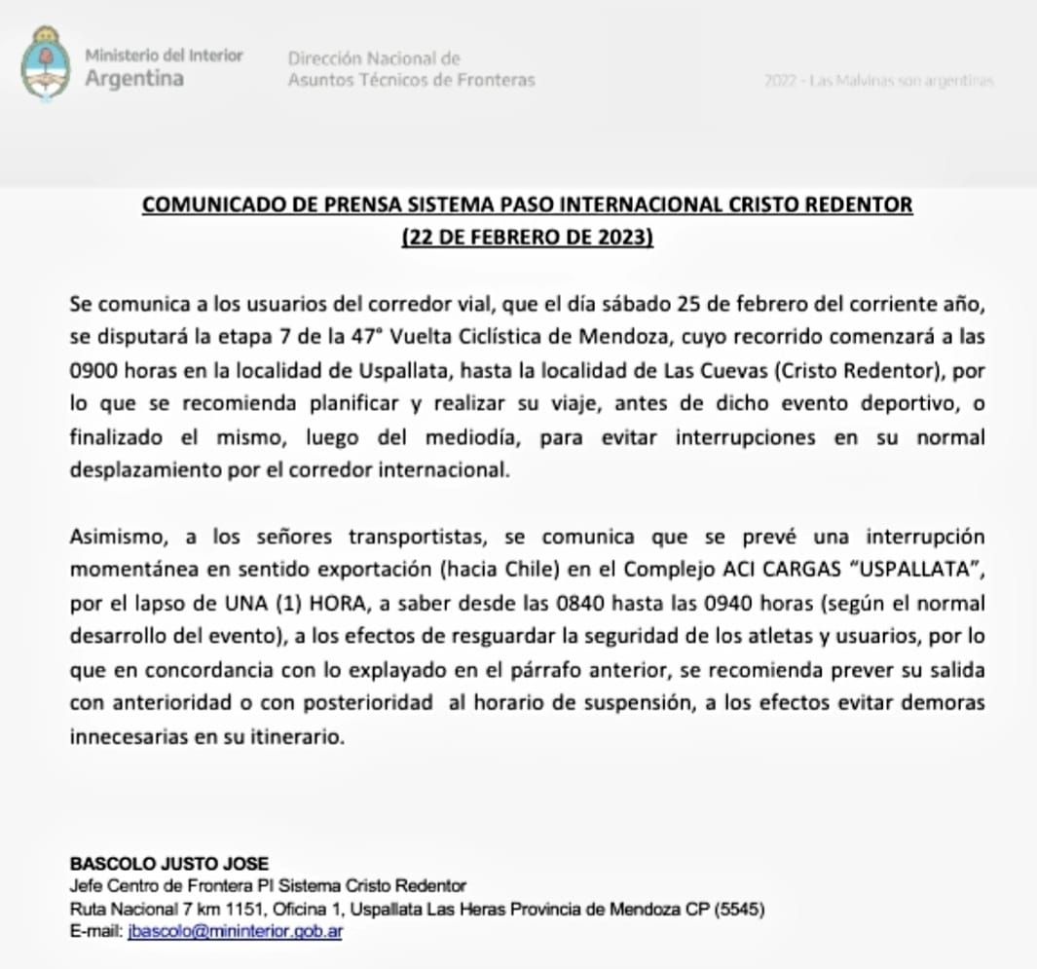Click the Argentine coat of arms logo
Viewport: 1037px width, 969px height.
click(45, 64)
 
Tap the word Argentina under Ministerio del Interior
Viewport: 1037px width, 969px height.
click(134, 79)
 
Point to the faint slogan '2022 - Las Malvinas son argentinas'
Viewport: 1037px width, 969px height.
click(879, 81)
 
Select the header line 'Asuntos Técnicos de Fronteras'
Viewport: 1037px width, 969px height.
click(411, 80)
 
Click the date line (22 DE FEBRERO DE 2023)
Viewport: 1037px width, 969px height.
click(527, 238)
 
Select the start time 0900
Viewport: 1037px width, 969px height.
click(93, 371)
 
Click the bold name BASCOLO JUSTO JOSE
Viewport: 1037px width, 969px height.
click(167, 864)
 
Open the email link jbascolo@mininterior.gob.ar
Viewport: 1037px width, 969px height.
click(235, 932)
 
